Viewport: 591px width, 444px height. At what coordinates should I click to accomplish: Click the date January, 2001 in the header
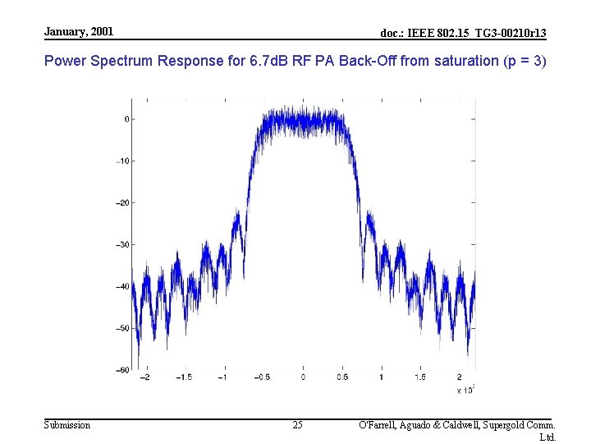coord(79,31)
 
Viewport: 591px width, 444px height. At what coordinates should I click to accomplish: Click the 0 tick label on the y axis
coord(126,119)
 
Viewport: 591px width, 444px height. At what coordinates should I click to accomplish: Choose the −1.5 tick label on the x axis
coord(183,377)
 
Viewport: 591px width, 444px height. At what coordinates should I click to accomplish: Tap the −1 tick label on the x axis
coord(222,377)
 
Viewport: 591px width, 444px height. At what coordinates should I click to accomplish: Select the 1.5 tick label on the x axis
coord(420,377)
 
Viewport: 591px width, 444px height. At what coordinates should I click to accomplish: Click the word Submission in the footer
coord(67,425)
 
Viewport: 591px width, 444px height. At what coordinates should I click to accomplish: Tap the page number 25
coord(297,425)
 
